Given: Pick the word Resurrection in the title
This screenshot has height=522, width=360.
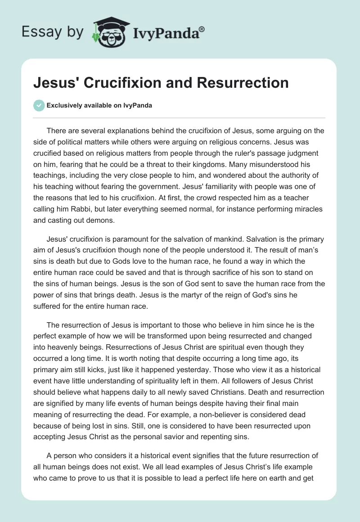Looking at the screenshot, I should click(x=243, y=83).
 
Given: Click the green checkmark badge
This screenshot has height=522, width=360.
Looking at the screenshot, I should click(x=38, y=106).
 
